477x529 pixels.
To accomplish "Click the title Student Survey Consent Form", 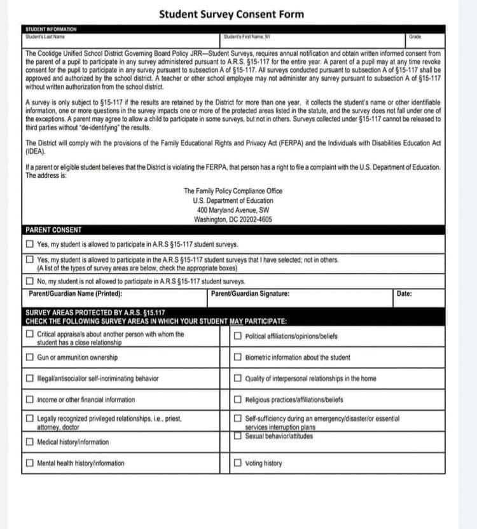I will pyautogui.click(x=232, y=14).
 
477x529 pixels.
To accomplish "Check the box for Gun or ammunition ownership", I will pyautogui.click(x=30, y=357).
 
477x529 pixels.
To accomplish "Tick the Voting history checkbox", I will pyautogui.click(x=237, y=464).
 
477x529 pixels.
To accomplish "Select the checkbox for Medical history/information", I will pyautogui.click(x=30, y=442).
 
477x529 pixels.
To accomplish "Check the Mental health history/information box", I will pyautogui.click(x=30, y=464).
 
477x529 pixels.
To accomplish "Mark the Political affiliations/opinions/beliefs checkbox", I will pyautogui.click(x=237, y=336).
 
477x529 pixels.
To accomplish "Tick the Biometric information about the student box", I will pyautogui.click(x=237, y=357).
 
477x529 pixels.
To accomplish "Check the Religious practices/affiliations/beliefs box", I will pyautogui.click(x=237, y=400).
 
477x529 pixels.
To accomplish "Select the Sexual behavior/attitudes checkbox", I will pyautogui.click(x=237, y=436).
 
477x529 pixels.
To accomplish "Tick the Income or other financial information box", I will pyautogui.click(x=30, y=400).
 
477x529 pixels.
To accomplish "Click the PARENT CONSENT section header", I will pyautogui.click(x=54, y=230).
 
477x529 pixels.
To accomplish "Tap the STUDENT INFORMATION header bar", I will pyautogui.click(x=51, y=29).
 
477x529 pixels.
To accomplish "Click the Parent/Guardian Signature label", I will pyautogui.click(x=250, y=294).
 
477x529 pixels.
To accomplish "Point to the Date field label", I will pyautogui.click(x=404, y=294).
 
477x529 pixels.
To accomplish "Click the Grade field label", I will pyautogui.click(x=415, y=37).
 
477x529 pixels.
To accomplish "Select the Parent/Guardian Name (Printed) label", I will pyautogui.click(x=76, y=294).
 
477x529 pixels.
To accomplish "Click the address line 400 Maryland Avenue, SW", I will pyautogui.click(x=233, y=210).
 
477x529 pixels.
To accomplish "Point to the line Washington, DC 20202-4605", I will pyautogui.click(x=233, y=219).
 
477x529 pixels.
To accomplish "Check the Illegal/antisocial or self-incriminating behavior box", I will pyautogui.click(x=30, y=379).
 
